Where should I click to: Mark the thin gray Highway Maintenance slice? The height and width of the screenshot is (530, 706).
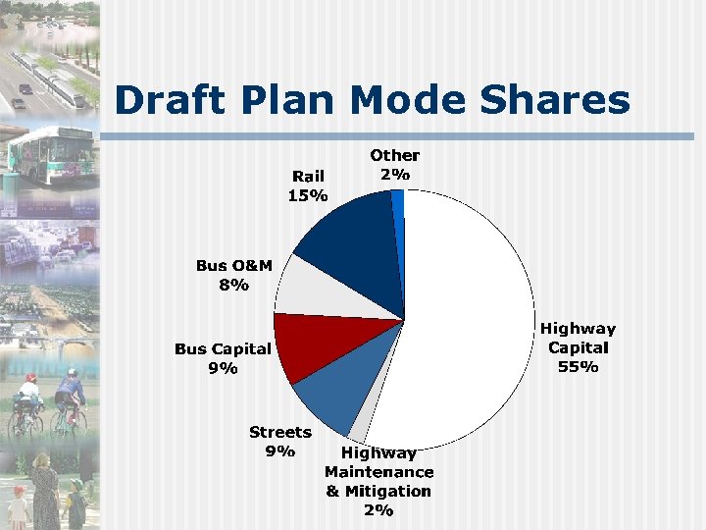[x=361, y=427]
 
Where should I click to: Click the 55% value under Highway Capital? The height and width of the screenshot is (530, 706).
[x=578, y=367]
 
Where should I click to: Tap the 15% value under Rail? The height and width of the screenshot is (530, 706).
[x=307, y=195]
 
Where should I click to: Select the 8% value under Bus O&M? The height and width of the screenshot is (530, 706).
[x=234, y=286]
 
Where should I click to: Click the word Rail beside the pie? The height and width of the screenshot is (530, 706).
[x=308, y=176]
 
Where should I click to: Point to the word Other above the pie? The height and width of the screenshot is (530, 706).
[x=394, y=155]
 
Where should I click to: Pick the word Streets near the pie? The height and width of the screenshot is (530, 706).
[x=280, y=432]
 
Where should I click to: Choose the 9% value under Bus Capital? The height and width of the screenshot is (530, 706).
[x=223, y=368]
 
